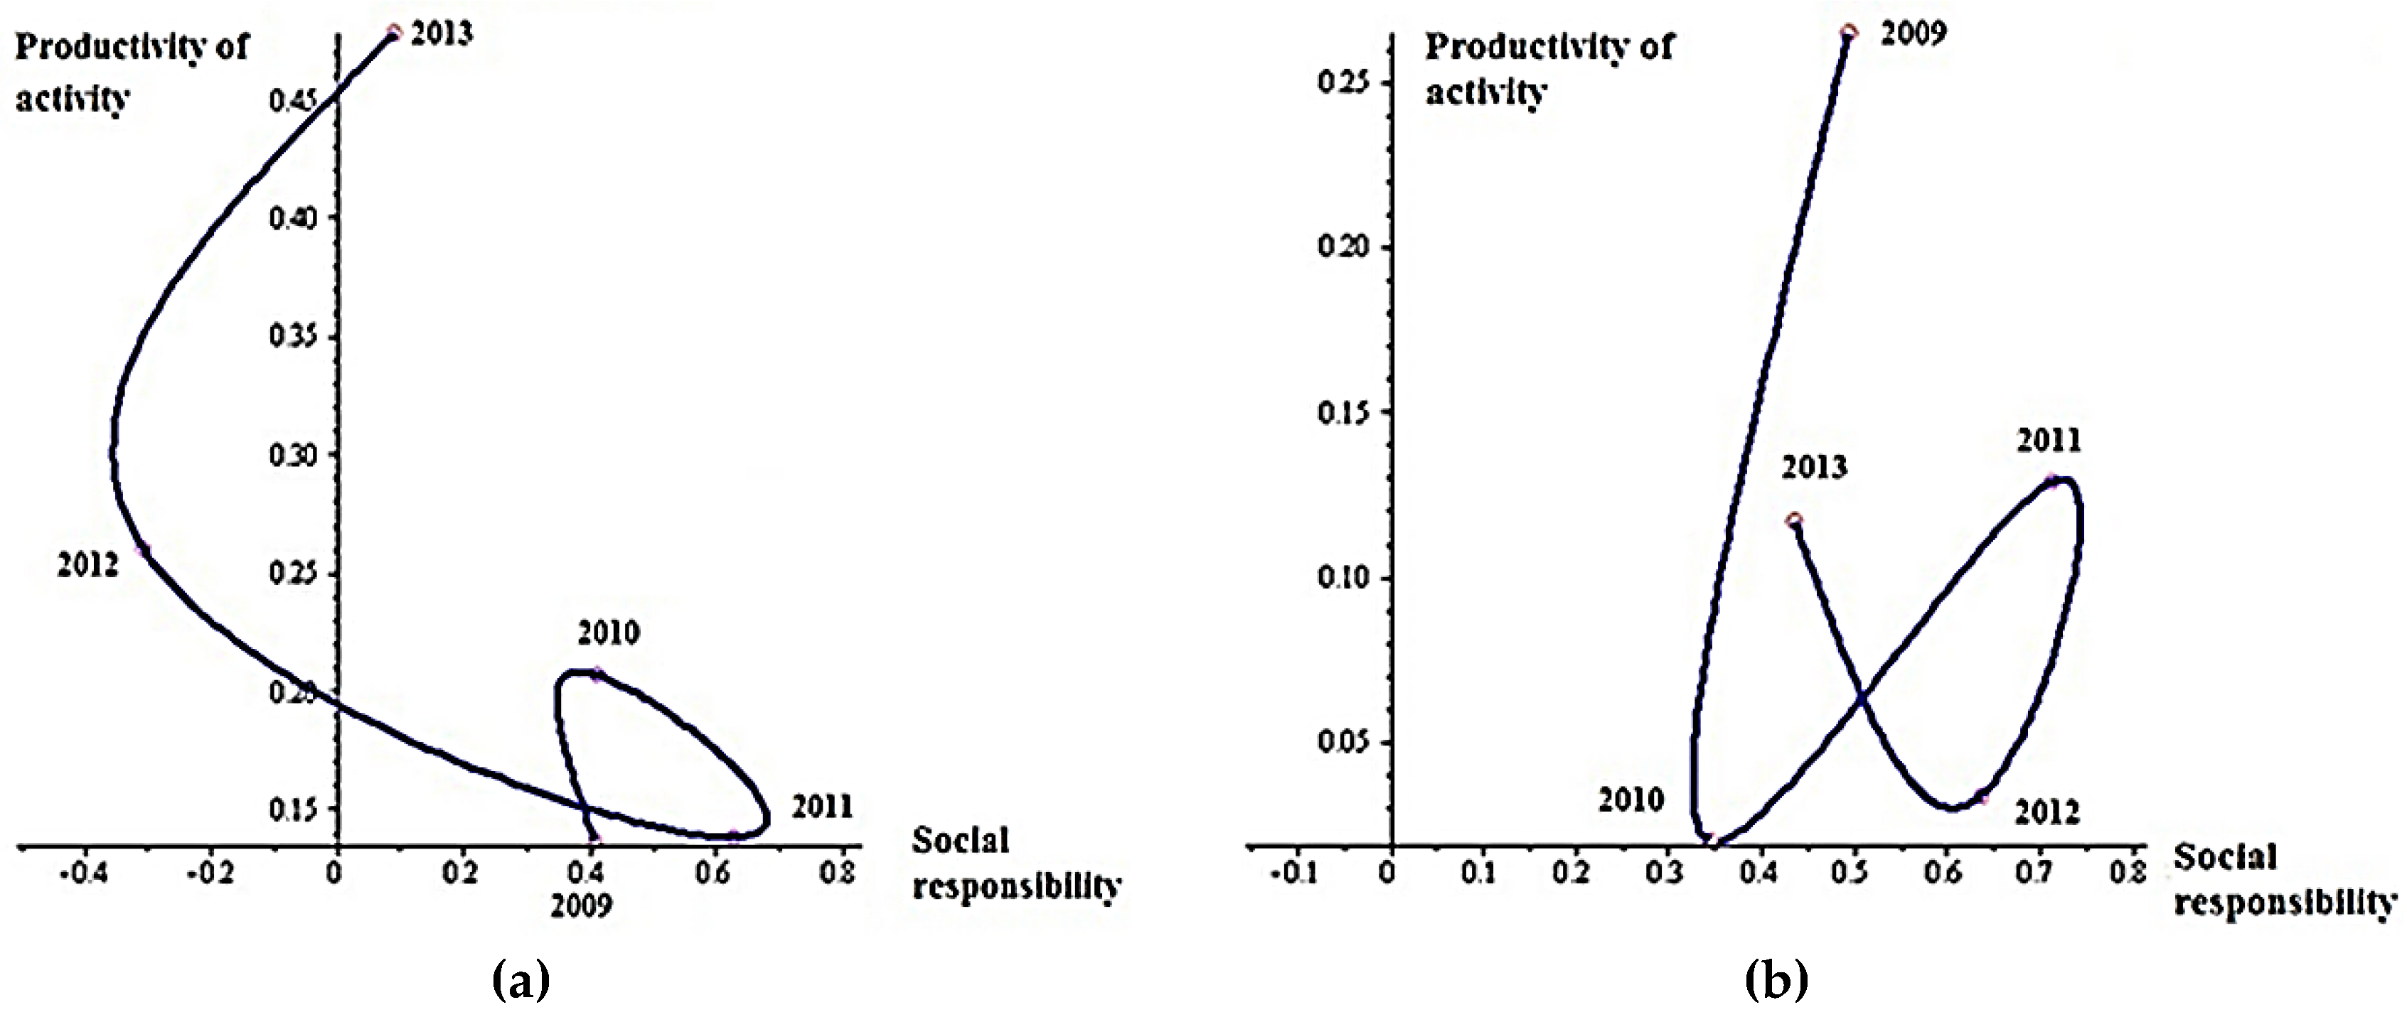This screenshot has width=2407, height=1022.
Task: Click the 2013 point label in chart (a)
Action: point(442,35)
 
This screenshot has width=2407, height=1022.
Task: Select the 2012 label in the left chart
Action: point(88,565)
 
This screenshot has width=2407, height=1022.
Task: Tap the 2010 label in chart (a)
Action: point(608,633)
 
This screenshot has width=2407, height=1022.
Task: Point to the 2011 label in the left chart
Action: point(822,806)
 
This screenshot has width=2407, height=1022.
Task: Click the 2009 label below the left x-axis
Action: point(580,906)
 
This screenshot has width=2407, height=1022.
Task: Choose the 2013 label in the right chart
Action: point(1814,467)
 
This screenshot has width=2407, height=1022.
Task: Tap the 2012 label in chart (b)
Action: point(2046,813)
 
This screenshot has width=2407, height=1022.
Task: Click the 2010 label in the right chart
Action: point(1631,800)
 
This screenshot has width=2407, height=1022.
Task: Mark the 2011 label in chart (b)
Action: point(2048,440)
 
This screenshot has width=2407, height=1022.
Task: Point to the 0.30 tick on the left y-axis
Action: point(292,456)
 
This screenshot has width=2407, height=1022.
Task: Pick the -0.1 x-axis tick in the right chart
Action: point(1294,874)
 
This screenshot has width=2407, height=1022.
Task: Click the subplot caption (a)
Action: point(521,981)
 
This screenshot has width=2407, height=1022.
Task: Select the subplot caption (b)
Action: point(1776,981)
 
